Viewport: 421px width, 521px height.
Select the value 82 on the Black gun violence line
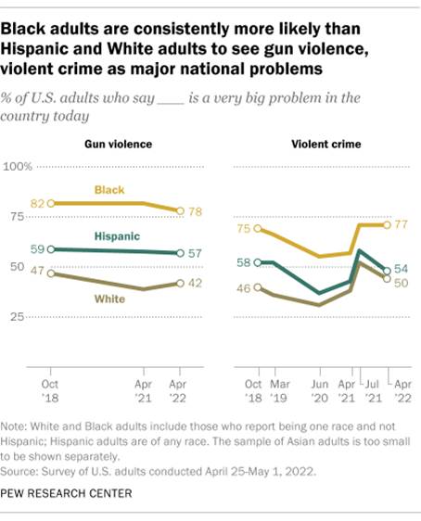(x=37, y=202)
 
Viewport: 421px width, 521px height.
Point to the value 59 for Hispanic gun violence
(x=37, y=248)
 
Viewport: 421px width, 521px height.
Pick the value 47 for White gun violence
(x=37, y=272)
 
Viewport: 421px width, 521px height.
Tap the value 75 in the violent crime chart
(x=244, y=228)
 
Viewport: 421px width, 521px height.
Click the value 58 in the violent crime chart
(x=244, y=262)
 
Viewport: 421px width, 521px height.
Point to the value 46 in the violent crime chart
(x=244, y=288)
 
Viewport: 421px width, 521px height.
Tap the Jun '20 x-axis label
(x=319, y=387)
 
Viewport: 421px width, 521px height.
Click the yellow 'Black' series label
(x=111, y=189)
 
